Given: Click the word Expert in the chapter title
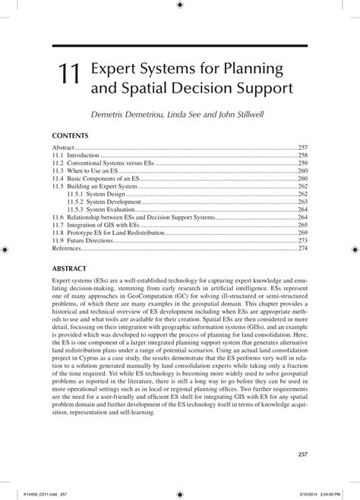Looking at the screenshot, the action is tap(114, 69).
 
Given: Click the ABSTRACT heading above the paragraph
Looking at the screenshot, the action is tap(70, 269).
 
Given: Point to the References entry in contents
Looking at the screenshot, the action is tap(66, 248).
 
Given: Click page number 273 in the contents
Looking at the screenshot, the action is tap(302, 240).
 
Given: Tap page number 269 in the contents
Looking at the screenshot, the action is tap(302, 233).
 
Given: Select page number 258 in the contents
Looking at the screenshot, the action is tap(302, 154).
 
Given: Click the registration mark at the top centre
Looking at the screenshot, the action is tap(179, 5).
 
